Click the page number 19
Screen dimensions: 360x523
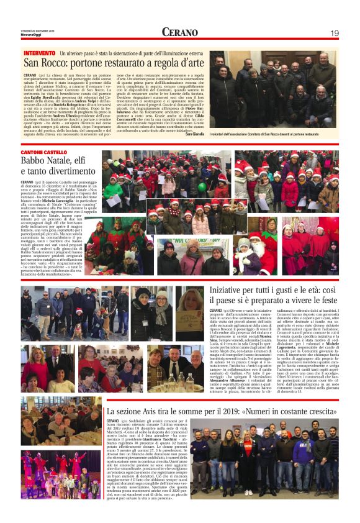click(x=334, y=32)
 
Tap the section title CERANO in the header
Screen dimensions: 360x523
click(x=180, y=32)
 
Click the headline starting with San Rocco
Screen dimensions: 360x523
click(x=114, y=63)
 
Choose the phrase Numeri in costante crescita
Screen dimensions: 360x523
click(x=294, y=411)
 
